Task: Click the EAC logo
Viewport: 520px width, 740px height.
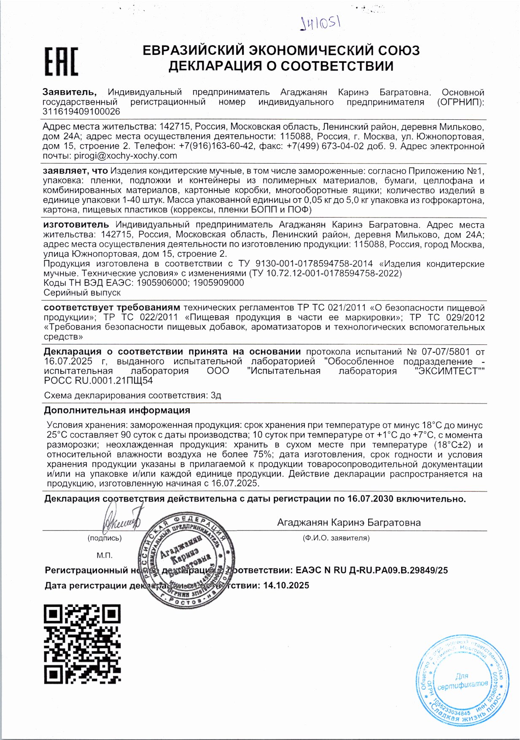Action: (62, 62)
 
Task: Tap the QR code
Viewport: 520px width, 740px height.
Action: (82, 643)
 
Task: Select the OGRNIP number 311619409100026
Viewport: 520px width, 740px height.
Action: (81, 112)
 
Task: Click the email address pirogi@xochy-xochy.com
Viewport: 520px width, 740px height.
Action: (126, 156)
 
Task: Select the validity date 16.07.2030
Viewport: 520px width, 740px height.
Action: (370, 499)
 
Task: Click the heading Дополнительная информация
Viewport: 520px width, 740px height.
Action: (117, 410)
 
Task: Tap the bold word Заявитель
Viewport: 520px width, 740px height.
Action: (70, 92)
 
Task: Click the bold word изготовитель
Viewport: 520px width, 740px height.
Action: (76, 225)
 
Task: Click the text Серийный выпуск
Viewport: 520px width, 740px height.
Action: (82, 292)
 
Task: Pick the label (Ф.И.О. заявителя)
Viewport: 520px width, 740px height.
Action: (336, 538)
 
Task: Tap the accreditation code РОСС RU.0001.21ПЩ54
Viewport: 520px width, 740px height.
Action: (98, 381)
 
